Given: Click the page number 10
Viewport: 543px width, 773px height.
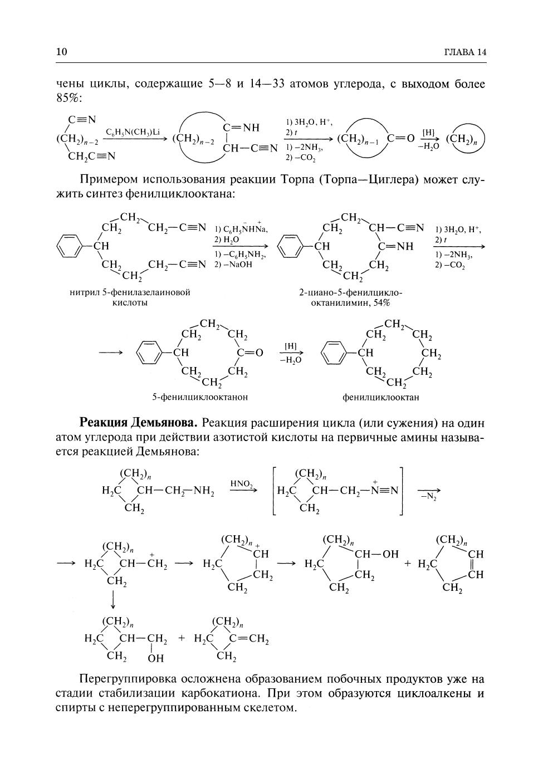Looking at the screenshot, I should click(61, 52).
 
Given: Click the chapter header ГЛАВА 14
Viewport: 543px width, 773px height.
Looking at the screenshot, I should click(465, 52).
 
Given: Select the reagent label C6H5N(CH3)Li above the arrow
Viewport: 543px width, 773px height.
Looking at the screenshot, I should click(133, 132).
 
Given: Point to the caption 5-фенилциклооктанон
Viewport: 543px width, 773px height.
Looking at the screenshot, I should click(200, 397).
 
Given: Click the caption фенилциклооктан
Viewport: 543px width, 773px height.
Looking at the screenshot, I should click(381, 397).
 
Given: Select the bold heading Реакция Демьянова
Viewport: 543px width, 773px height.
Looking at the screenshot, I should click(139, 422).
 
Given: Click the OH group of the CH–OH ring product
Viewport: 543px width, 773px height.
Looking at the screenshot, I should click(391, 554).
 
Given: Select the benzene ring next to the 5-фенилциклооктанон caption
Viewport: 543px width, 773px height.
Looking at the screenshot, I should click(148, 353).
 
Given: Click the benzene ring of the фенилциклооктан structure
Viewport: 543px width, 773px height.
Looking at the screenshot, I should click(333, 353).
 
